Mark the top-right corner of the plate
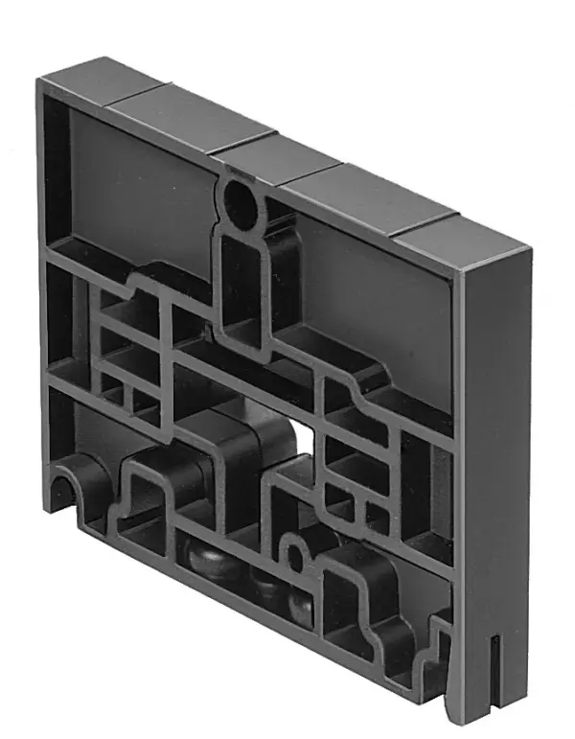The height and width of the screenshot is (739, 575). (x=528, y=248)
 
